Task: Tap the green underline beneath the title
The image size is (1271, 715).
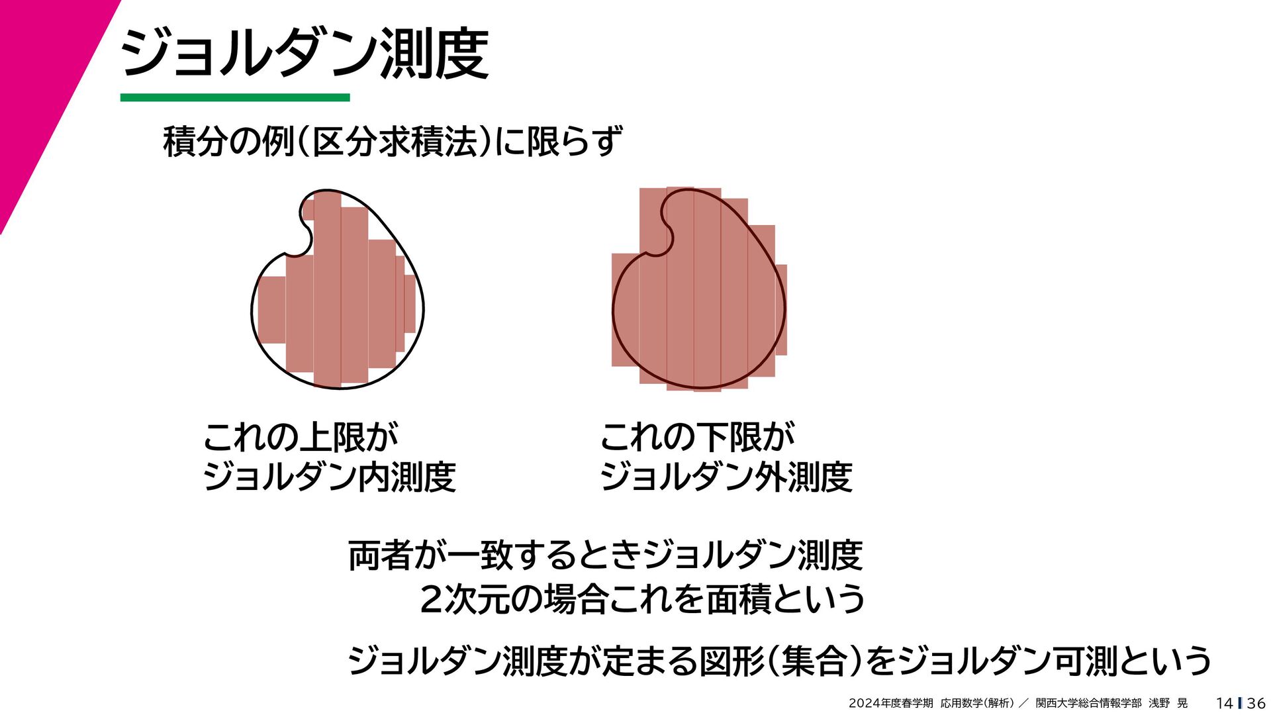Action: [235, 98]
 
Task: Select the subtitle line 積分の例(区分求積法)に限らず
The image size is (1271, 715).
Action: [393, 141]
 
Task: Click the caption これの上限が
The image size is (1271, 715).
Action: [300, 437]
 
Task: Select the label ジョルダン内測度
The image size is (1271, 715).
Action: [329, 477]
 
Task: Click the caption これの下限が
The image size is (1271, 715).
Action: [696, 437]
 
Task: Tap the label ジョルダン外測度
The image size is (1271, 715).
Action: [726, 477]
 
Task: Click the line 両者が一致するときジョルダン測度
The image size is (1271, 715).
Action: [605, 555]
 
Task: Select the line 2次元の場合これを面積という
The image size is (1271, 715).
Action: [642, 599]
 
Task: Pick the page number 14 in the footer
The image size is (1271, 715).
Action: [1224, 703]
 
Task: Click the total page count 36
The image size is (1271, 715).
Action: [1256, 703]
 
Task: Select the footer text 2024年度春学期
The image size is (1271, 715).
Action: [890, 703]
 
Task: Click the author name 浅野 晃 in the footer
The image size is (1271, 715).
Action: [1168, 703]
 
